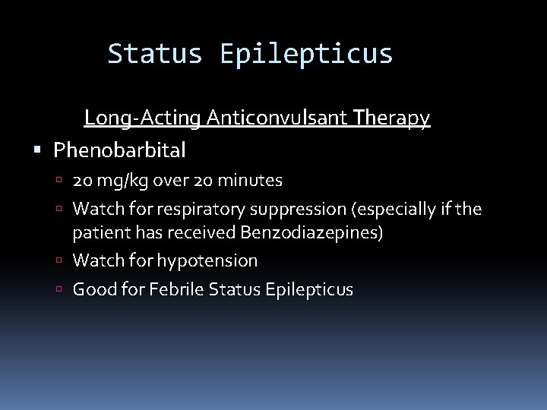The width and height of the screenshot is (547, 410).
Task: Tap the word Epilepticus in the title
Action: (306, 55)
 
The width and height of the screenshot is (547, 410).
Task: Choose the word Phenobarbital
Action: (119, 150)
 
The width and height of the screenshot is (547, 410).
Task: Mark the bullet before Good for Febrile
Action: (65, 289)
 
